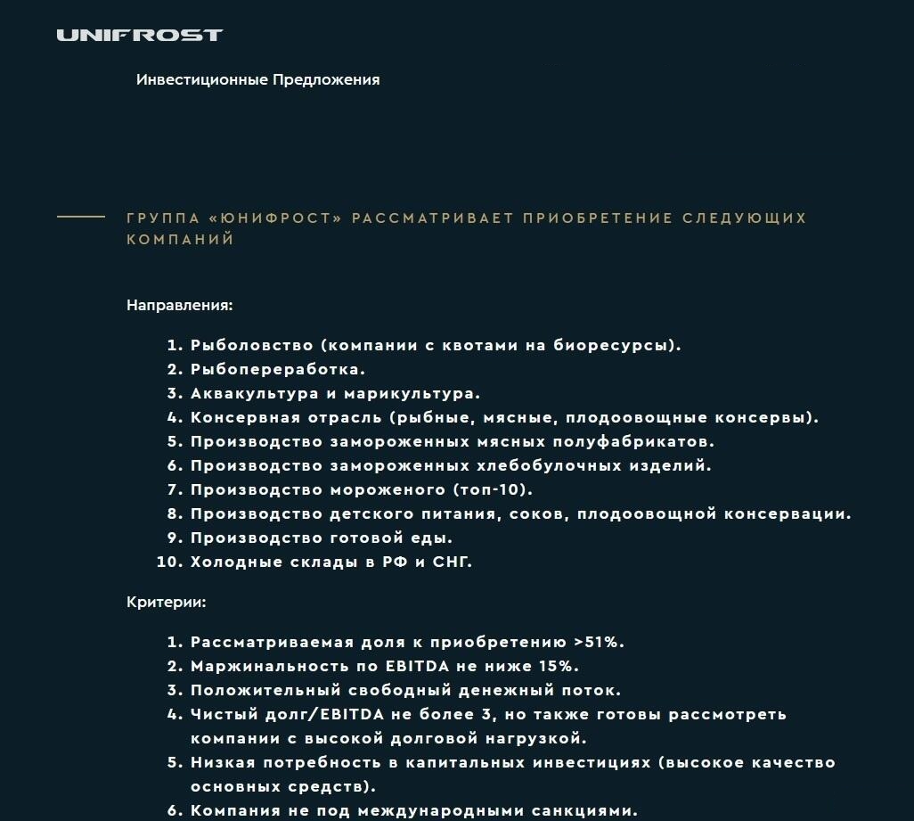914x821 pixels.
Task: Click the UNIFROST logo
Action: click(x=139, y=36)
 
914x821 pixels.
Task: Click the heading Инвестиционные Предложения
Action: click(x=257, y=80)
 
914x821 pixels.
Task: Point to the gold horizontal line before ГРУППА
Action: click(x=81, y=218)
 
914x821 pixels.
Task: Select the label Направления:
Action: click(x=179, y=305)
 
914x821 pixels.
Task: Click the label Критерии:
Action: click(x=166, y=602)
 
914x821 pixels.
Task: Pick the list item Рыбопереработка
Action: click(x=277, y=369)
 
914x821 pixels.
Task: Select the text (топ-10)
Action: click(x=493, y=489)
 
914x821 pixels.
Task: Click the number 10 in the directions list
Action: click(x=167, y=562)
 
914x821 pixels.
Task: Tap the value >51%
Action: click(x=600, y=642)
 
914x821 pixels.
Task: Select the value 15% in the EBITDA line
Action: click(x=559, y=666)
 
